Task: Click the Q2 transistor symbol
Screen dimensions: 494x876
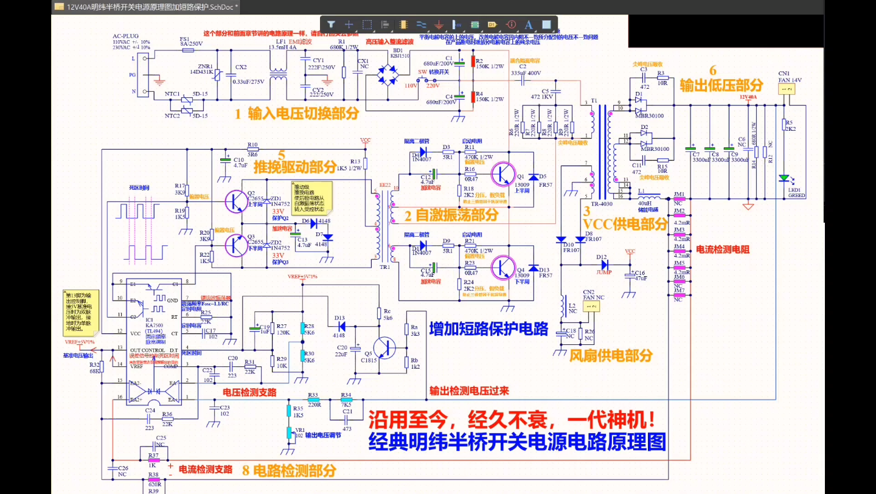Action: (x=234, y=201)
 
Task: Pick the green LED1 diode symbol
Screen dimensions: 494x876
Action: (x=784, y=179)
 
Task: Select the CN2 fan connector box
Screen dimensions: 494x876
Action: (x=589, y=307)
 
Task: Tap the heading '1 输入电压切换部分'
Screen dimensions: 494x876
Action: (x=296, y=114)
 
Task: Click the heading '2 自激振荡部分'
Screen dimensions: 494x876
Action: (x=451, y=215)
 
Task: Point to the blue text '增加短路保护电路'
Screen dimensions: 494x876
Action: (x=488, y=329)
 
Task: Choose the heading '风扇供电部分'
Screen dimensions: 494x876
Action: (x=611, y=355)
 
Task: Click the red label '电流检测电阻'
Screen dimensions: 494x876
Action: (x=722, y=249)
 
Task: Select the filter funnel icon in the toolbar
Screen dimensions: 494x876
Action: (x=331, y=25)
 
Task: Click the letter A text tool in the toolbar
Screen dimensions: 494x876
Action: (x=528, y=25)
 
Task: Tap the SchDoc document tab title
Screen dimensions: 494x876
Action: (x=152, y=7)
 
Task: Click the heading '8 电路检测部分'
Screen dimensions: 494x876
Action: (x=289, y=470)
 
